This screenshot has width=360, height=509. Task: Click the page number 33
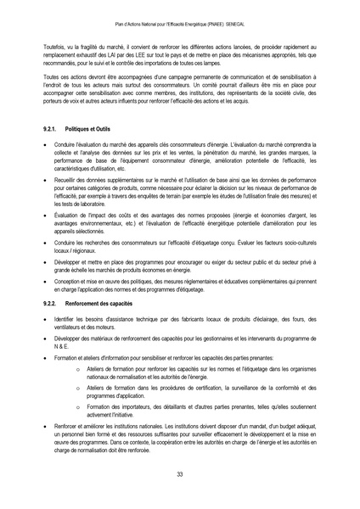180,473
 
